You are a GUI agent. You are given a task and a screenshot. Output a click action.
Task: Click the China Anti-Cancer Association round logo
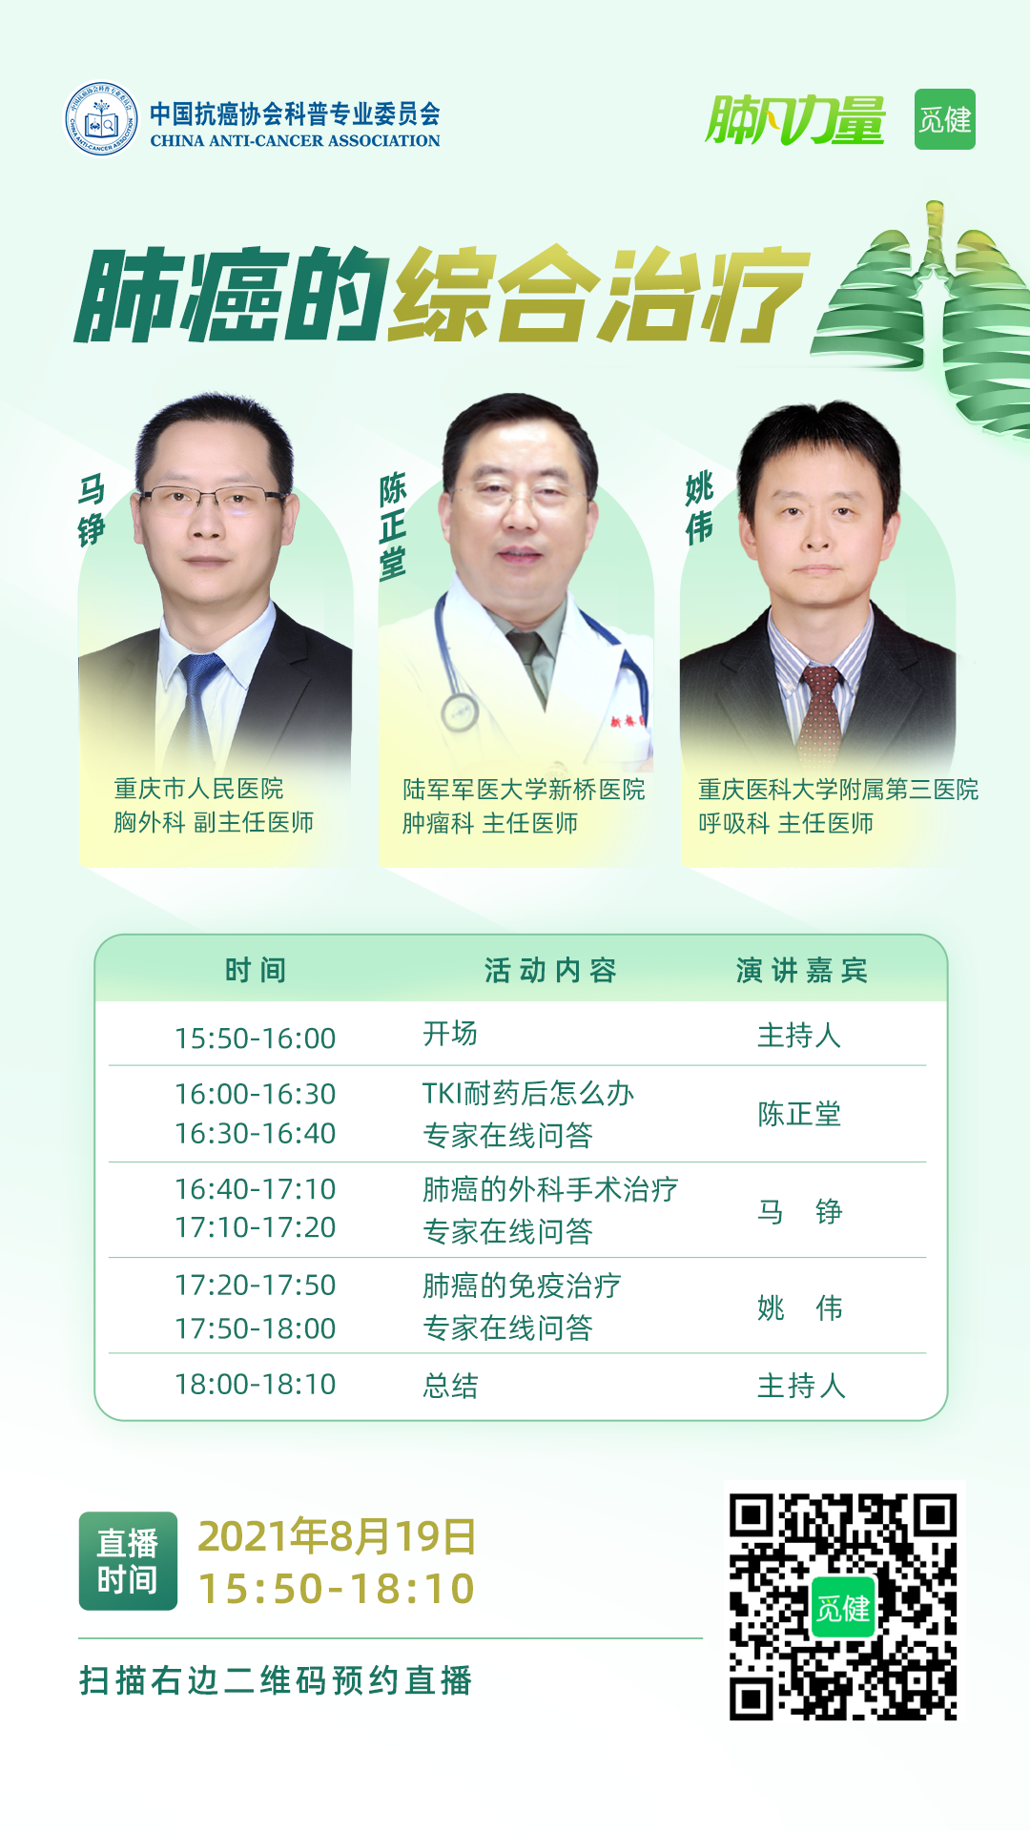tap(101, 119)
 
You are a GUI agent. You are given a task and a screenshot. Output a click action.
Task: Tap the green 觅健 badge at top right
tap(944, 119)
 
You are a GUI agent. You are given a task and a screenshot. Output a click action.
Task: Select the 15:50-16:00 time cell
tap(255, 1038)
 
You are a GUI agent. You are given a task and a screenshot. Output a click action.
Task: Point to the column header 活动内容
tap(550, 970)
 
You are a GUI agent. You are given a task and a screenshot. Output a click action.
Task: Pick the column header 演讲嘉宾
tap(802, 970)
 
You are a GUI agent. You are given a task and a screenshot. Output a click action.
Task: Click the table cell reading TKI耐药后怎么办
tap(528, 1093)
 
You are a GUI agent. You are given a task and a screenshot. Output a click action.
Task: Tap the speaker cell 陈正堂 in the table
tap(799, 1114)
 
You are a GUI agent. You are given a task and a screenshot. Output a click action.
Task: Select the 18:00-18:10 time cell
tap(255, 1384)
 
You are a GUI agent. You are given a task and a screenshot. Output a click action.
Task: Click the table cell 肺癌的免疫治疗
tap(522, 1286)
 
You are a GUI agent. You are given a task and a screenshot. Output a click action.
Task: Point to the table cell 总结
tap(450, 1386)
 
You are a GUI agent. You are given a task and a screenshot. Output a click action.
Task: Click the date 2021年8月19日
tap(337, 1536)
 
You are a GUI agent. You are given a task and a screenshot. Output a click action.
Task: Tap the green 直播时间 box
tap(128, 1560)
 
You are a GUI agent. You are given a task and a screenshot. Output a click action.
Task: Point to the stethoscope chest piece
tap(460, 711)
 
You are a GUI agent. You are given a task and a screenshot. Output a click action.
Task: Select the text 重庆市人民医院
tap(198, 789)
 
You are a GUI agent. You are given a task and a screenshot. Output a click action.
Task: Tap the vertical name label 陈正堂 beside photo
tap(393, 525)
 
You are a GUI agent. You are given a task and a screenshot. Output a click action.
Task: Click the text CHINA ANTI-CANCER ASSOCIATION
tap(295, 140)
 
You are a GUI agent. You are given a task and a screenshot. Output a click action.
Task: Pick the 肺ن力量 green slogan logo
tap(795, 120)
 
